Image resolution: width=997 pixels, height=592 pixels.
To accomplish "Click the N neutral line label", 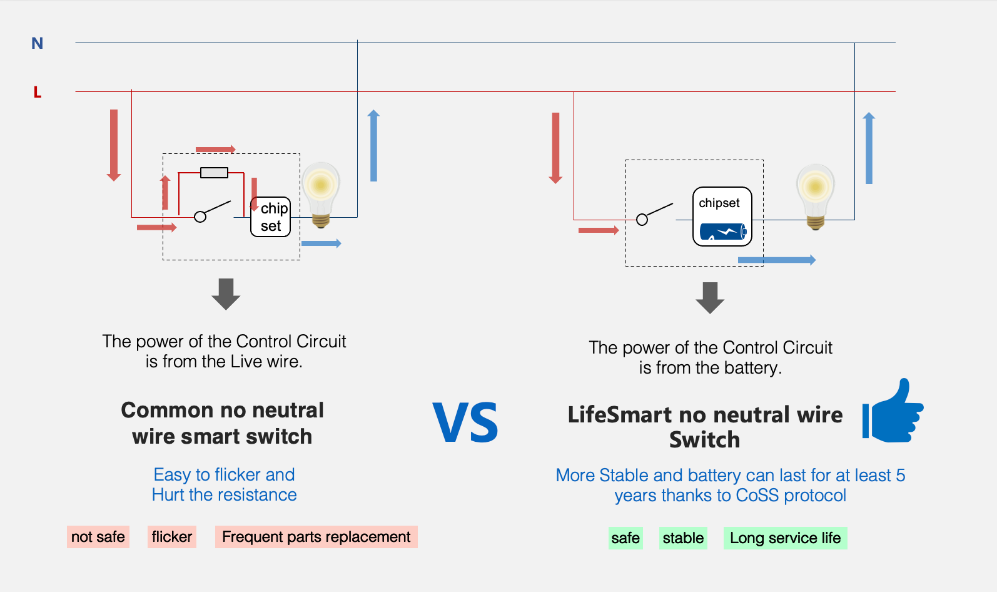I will click(x=38, y=43).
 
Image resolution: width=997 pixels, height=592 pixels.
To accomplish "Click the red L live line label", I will click(x=38, y=93).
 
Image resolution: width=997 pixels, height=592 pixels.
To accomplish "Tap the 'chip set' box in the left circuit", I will click(x=271, y=217).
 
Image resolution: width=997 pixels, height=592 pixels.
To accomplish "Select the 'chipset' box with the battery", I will click(x=722, y=217).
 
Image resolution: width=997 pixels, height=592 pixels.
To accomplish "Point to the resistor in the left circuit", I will click(x=214, y=173).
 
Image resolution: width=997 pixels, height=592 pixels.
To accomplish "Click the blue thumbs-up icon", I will click(x=894, y=412).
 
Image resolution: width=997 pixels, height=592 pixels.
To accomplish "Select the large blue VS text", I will click(x=465, y=423).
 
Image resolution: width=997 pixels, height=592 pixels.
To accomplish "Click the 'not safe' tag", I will click(x=98, y=537).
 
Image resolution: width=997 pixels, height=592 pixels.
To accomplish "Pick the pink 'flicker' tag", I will click(x=172, y=537).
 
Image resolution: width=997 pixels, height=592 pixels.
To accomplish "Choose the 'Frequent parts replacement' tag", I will click(x=316, y=537).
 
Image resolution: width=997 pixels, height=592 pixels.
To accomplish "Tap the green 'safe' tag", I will click(x=625, y=538).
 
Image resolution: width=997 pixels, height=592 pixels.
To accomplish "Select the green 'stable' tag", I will click(x=683, y=538).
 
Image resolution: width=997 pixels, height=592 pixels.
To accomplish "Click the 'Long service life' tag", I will click(x=785, y=538).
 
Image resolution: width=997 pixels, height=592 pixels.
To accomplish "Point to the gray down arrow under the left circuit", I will click(x=226, y=294).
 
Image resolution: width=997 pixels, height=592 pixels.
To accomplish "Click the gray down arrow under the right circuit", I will click(x=710, y=298).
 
